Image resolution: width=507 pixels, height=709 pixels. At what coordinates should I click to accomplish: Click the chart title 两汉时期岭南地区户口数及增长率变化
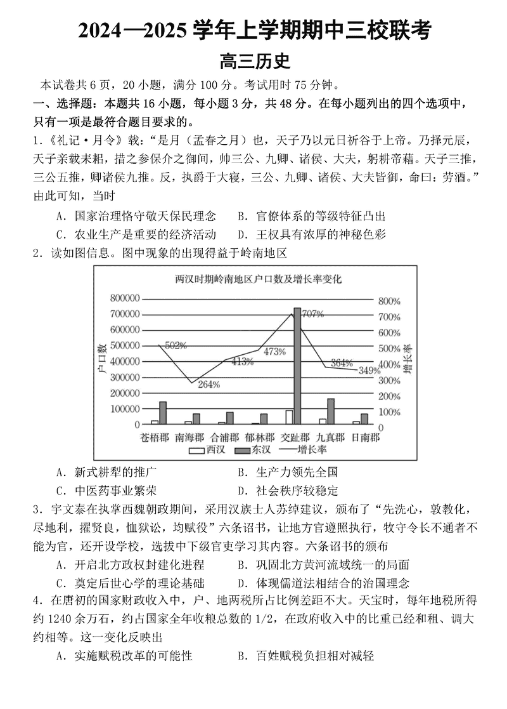coord(258,279)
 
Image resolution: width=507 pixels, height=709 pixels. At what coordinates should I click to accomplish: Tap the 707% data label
coord(312,314)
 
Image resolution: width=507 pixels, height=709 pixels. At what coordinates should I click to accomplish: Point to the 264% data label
coord(209,384)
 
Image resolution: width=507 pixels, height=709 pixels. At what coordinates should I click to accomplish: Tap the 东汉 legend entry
coord(253,450)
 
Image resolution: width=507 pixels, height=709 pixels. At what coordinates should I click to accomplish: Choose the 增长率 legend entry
coord(304,450)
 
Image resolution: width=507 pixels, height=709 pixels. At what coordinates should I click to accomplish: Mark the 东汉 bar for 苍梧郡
coord(163,413)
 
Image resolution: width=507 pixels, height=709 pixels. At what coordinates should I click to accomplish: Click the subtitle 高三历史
coord(254,62)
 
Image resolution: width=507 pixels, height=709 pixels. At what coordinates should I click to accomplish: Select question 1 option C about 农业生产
coord(136,234)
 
